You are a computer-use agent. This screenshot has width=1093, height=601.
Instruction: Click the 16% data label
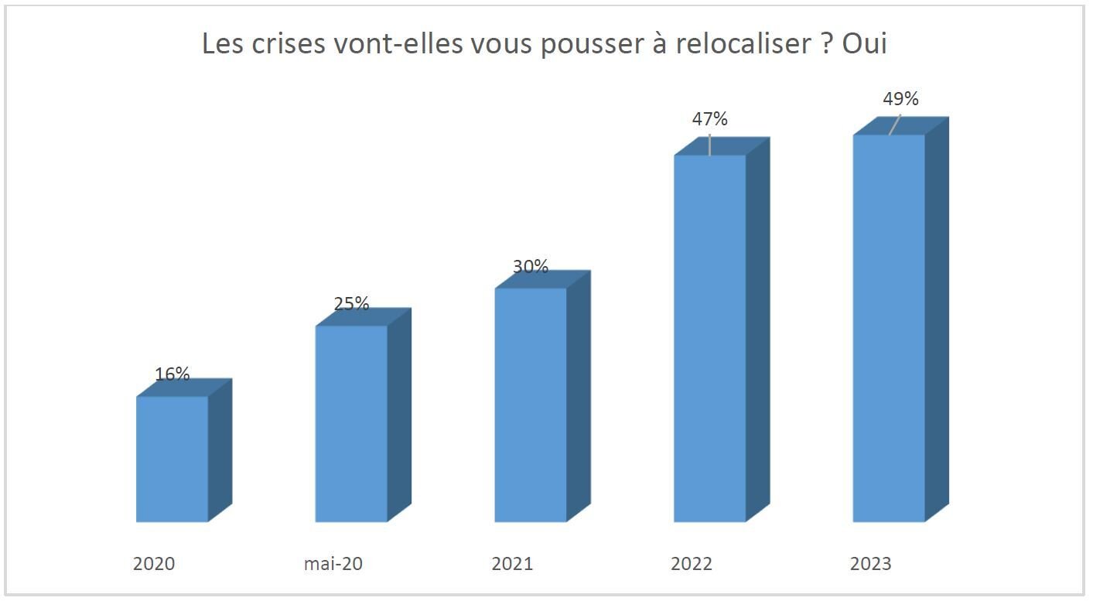tap(172, 374)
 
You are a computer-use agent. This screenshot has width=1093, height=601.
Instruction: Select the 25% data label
tap(351, 303)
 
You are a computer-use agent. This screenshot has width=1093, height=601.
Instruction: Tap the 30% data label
tap(531, 266)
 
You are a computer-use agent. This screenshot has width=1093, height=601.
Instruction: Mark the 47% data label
tap(709, 118)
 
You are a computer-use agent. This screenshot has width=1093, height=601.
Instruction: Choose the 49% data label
tap(900, 98)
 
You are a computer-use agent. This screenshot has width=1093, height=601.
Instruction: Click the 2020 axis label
tap(154, 564)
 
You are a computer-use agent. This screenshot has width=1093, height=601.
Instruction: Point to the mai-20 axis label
tap(333, 564)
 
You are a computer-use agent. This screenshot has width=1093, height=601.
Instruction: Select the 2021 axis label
tap(512, 564)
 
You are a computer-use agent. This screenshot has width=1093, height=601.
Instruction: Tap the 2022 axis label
tap(692, 564)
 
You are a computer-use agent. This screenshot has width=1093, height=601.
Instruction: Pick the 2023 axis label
tap(870, 564)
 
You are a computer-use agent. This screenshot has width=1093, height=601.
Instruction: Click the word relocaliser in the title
tap(743, 43)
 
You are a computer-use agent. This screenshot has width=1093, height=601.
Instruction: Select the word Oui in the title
tap(865, 43)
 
